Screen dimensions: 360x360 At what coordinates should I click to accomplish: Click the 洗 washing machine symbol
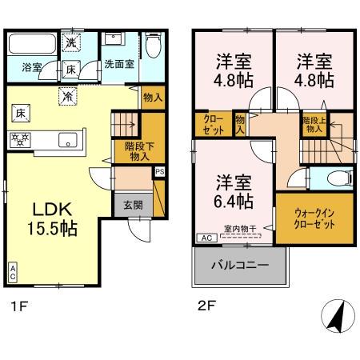[x=70, y=42]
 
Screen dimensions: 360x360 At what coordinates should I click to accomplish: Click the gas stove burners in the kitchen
[x=20, y=138]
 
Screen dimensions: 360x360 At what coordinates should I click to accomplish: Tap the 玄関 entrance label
[x=133, y=203]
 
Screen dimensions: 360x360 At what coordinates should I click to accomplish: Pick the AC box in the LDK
[x=13, y=270]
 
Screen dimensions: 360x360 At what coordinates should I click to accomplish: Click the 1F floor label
[x=18, y=305]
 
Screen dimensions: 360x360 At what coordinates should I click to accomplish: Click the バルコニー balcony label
[x=238, y=264]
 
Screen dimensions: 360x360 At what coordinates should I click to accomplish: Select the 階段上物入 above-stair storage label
[x=313, y=123]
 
